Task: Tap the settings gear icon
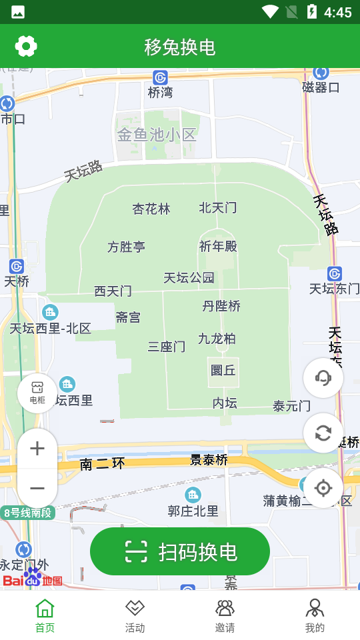[26, 46]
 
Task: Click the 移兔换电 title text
[180, 47]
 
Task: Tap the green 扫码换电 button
[180, 551]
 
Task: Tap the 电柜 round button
[37, 393]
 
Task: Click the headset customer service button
[323, 378]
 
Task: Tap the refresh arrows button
[323, 433]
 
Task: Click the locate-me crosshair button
[323, 488]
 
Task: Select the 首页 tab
[45, 615]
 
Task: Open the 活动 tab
[135, 615]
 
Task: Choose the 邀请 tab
[225, 615]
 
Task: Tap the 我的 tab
[315, 615]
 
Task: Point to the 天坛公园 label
[189, 277]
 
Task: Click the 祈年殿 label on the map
[218, 246]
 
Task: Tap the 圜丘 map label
[223, 370]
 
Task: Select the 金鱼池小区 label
[157, 135]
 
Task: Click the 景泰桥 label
[209, 460]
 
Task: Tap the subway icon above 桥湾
[160, 77]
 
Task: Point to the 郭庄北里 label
[193, 511]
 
